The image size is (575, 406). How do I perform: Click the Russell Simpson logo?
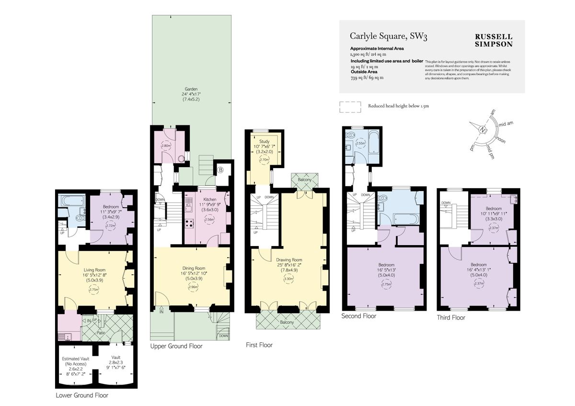[493, 40]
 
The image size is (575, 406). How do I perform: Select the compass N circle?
[483, 130]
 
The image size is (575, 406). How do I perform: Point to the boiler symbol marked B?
[220, 169]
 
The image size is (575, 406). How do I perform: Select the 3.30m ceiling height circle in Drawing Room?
[287, 278]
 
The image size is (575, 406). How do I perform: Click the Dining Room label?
[194, 268]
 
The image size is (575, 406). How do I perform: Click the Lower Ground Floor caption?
[82, 395]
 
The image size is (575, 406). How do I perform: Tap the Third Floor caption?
[451, 317]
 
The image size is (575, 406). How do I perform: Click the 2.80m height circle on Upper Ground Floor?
[166, 146]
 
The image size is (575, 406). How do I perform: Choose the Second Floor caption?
[358, 316]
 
